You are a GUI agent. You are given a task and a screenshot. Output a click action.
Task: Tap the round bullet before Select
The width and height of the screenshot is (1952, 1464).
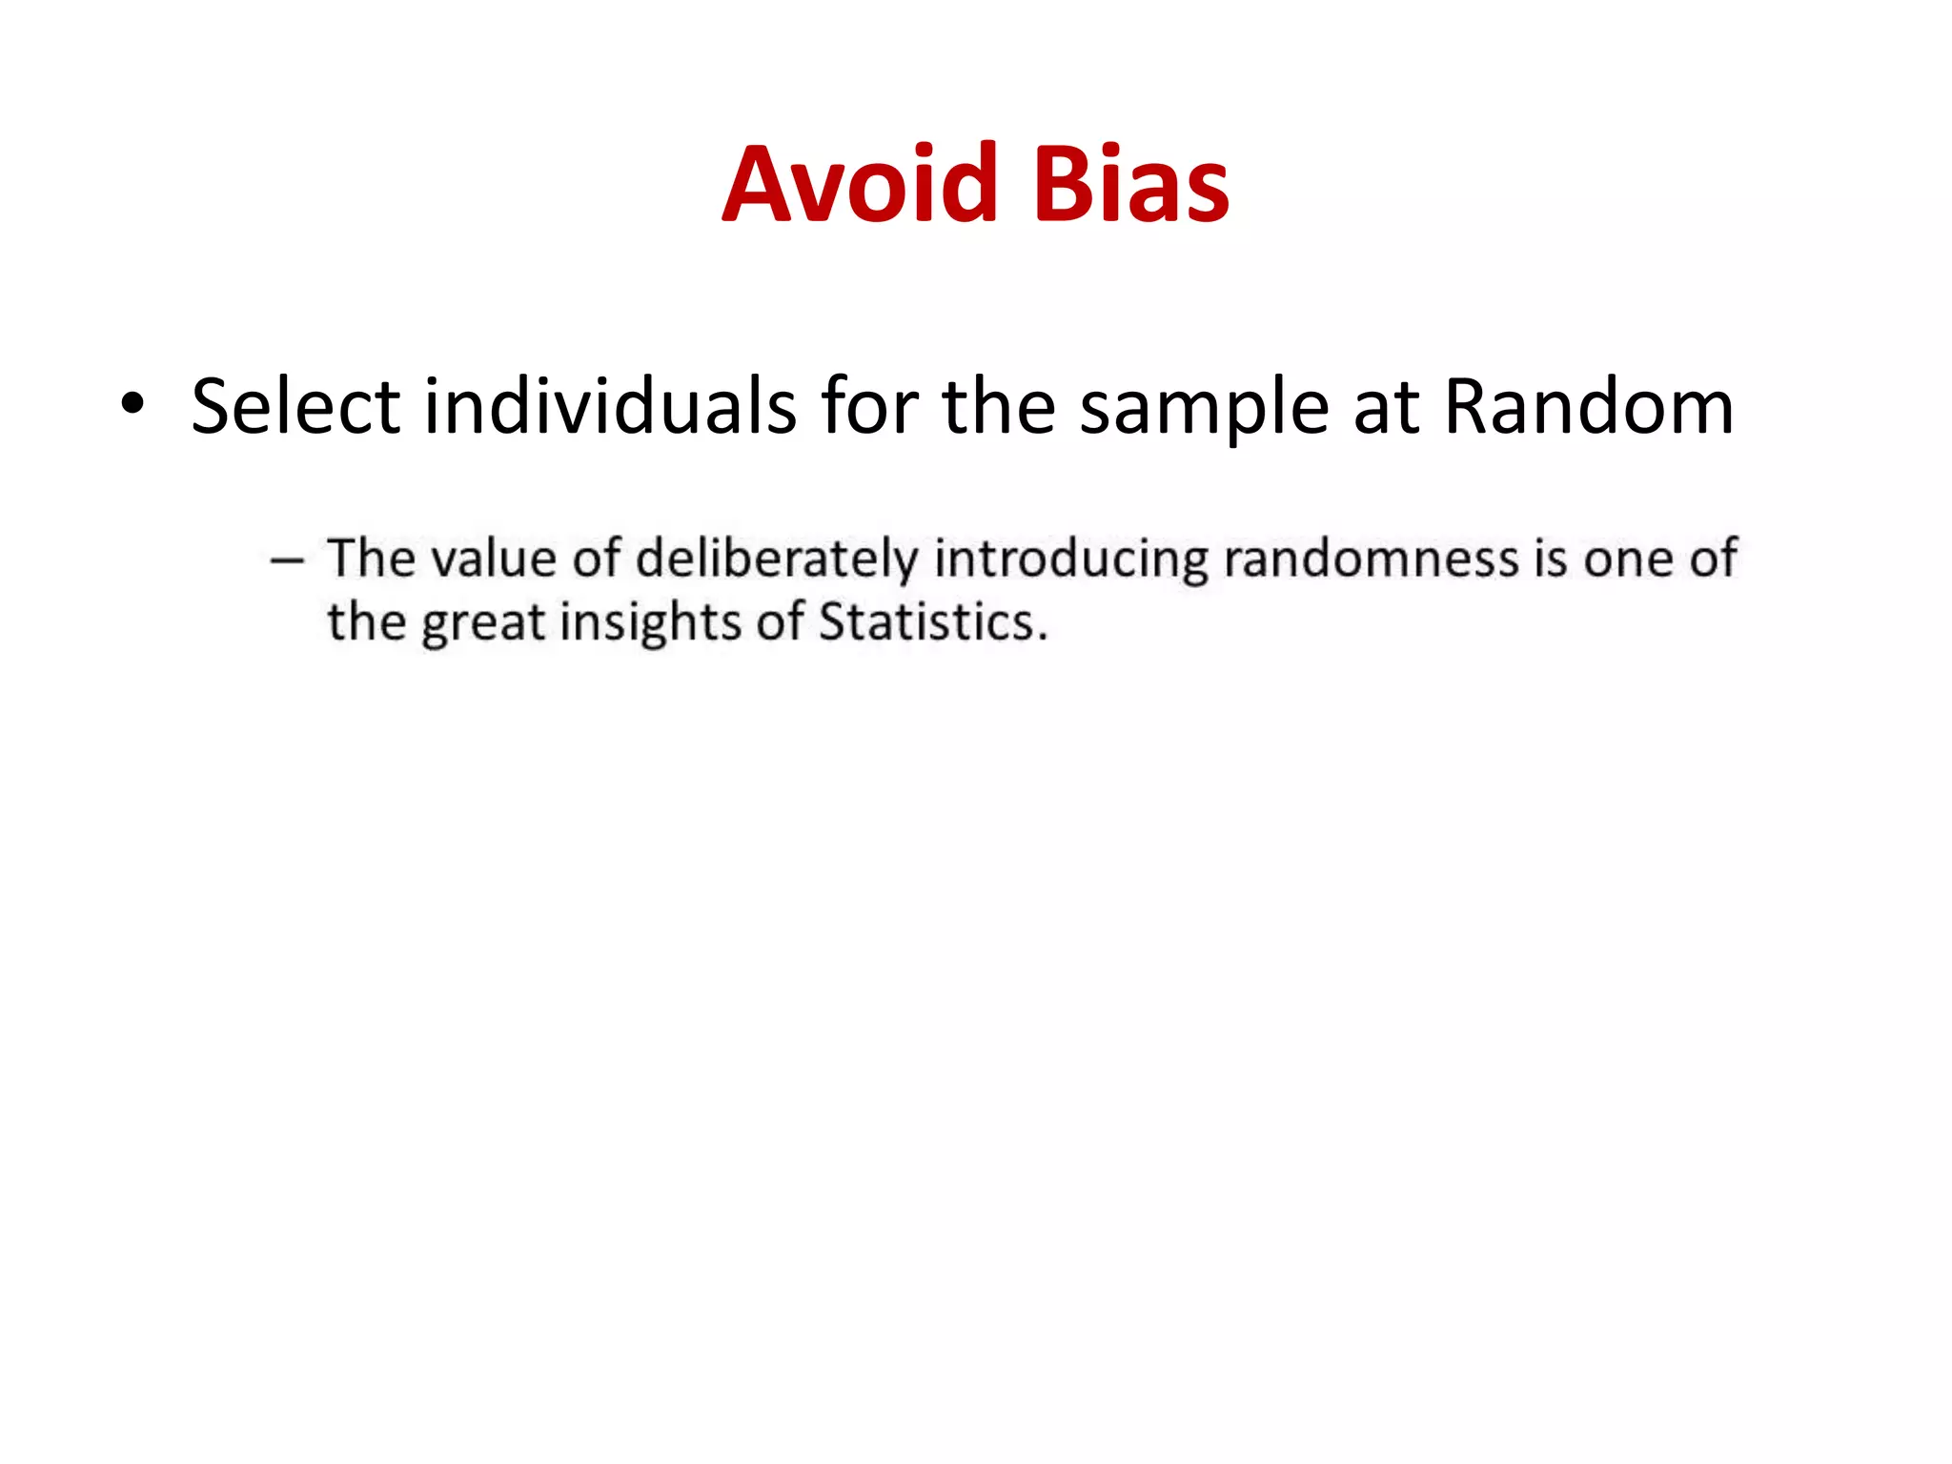point(132,404)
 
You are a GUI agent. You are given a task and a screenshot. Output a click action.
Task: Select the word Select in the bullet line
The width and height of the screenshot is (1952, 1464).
point(295,407)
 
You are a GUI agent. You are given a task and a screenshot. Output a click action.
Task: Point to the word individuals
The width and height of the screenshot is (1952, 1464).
point(610,407)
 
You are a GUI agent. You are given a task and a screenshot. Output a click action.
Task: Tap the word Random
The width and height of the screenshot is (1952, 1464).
point(1588,407)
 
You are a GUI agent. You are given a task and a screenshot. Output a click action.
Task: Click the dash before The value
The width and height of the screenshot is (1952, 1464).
point(287,560)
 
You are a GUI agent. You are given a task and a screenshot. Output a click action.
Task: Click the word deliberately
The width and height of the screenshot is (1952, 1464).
point(776,560)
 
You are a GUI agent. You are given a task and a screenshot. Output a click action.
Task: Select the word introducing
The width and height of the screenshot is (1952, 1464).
point(1071,560)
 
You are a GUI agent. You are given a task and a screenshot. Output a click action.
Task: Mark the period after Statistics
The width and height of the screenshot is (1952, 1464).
point(1043,638)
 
